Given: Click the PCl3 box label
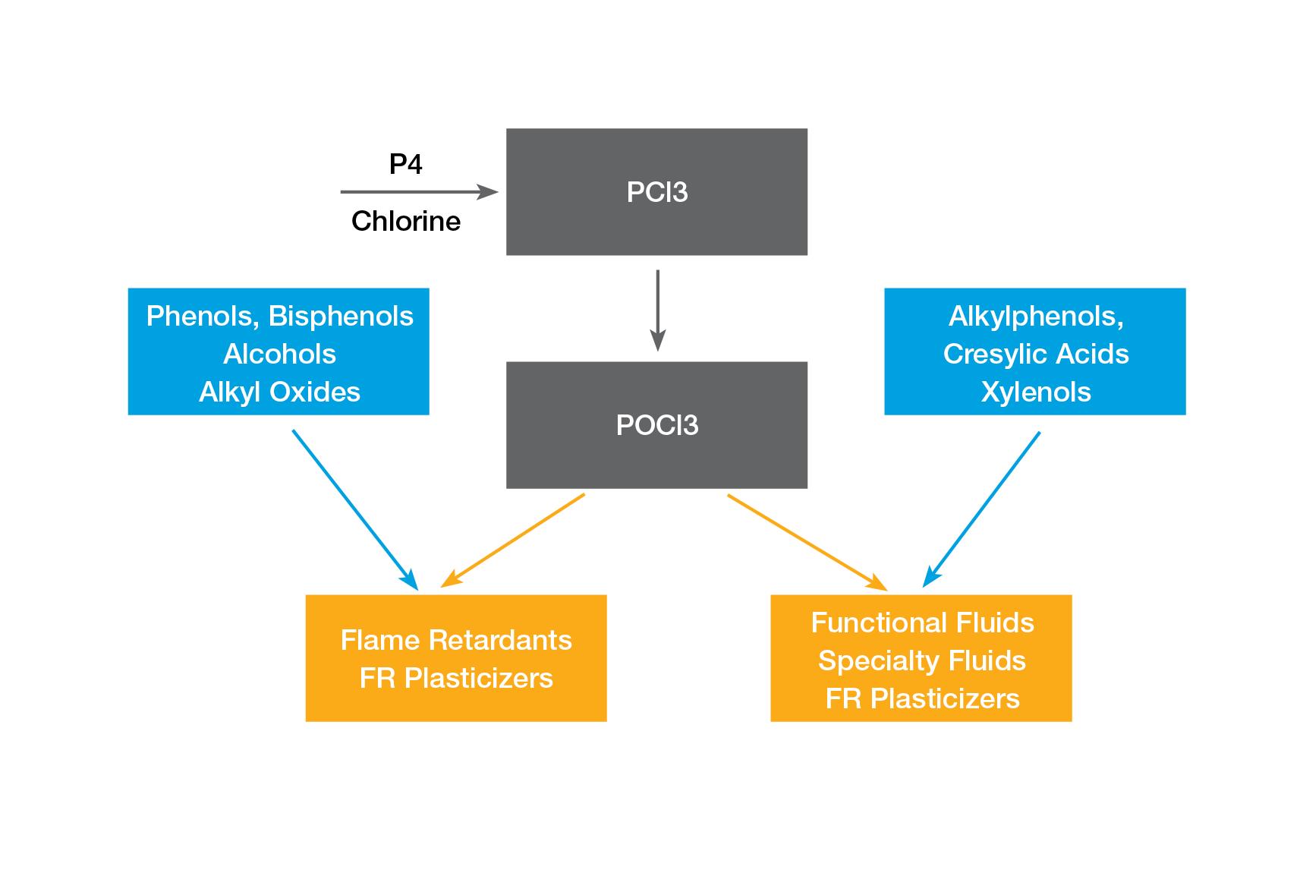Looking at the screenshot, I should (657, 192).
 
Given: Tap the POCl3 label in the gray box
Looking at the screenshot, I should (657, 425).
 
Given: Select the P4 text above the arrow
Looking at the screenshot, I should (406, 164).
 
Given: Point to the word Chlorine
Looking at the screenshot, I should (406, 221).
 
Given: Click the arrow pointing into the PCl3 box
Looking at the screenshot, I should (419, 192).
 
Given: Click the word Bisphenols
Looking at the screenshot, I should (341, 316).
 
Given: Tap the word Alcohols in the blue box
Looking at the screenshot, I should (279, 354).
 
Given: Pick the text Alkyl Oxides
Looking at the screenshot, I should (279, 392).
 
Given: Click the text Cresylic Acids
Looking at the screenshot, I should (1036, 354).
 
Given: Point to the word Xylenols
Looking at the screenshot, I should (1036, 392).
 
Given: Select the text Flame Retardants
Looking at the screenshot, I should (456, 640).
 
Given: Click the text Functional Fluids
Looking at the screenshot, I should (922, 623).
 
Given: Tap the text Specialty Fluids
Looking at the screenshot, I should (922, 660).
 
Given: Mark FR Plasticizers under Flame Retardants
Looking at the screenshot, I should (456, 678).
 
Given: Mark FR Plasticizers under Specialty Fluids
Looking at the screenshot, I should (922, 698).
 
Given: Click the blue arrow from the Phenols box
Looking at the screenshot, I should (354, 509).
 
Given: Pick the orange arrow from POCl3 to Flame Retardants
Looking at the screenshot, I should (513, 540).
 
